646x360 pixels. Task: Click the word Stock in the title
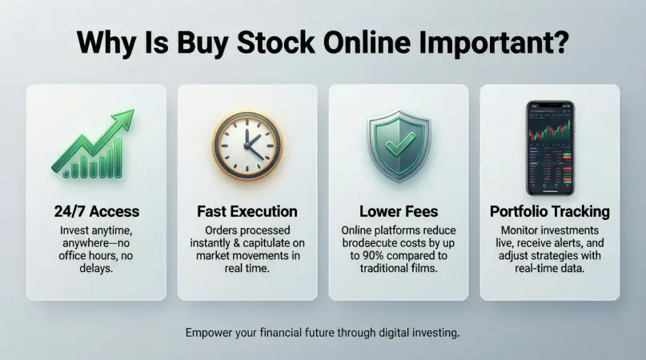point(276,42)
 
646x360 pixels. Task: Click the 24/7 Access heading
point(97,211)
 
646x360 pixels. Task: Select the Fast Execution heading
point(247,211)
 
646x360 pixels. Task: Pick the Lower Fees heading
point(399,211)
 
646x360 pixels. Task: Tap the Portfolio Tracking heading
point(550,212)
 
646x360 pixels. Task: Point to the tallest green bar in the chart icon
point(118,157)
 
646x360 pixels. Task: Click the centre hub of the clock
point(247,146)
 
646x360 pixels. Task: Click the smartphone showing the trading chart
point(551,148)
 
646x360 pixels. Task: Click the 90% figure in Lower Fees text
point(373,256)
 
